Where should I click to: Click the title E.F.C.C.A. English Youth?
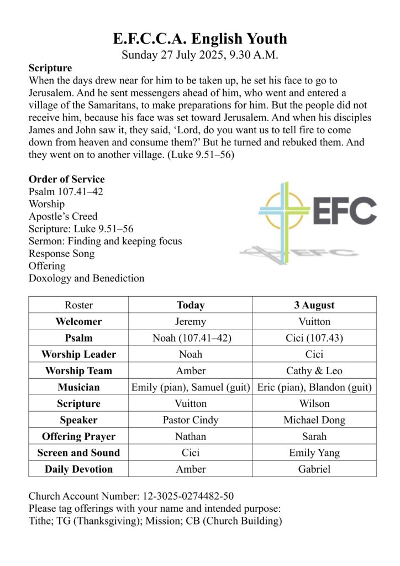pos(200,39)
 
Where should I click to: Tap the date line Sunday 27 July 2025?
pos(200,55)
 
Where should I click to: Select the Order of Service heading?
pos(66,179)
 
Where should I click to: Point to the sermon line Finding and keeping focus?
pos(105,241)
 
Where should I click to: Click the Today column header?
pos(191,305)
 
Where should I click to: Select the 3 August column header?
pos(314,305)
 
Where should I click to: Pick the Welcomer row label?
pos(78,321)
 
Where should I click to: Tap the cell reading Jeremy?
pos(191,321)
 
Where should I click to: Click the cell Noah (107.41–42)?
pos(191,338)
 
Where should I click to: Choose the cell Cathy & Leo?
pos(314,370)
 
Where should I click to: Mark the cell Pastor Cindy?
pos(191,420)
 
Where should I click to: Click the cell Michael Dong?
pos(314,420)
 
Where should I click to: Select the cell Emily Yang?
pos(314,453)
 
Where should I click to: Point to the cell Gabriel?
pos(314,469)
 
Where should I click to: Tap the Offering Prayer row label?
pos(78,436)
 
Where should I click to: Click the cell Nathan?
pos(191,436)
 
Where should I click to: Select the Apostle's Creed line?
pos(63,216)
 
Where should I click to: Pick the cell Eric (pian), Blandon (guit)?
pos(314,387)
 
